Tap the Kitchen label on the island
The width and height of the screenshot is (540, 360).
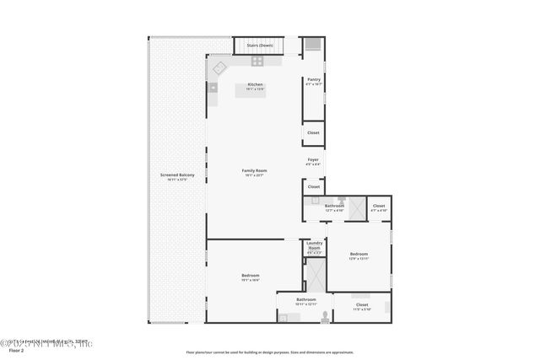tap(255, 84)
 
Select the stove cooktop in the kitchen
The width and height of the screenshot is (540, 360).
tap(256, 62)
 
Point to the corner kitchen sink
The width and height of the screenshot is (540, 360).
tap(219, 67)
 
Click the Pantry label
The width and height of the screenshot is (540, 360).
tap(313, 80)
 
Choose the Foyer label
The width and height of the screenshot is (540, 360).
tap(313, 159)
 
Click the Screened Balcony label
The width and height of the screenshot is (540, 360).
tap(177, 175)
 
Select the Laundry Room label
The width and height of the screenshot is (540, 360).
tap(314, 248)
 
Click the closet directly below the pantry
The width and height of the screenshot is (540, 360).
tap(313, 133)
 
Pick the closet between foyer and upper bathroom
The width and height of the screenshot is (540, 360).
tap(314, 186)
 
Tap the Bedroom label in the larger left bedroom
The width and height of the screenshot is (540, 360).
tap(251, 276)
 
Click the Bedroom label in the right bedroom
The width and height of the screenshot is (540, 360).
tap(359, 254)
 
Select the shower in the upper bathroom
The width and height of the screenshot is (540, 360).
tap(357, 207)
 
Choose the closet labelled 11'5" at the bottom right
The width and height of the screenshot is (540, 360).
tap(362, 305)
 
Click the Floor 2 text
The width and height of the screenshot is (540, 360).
tap(16, 351)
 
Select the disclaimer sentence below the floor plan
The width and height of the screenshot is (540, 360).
tap(268, 352)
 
